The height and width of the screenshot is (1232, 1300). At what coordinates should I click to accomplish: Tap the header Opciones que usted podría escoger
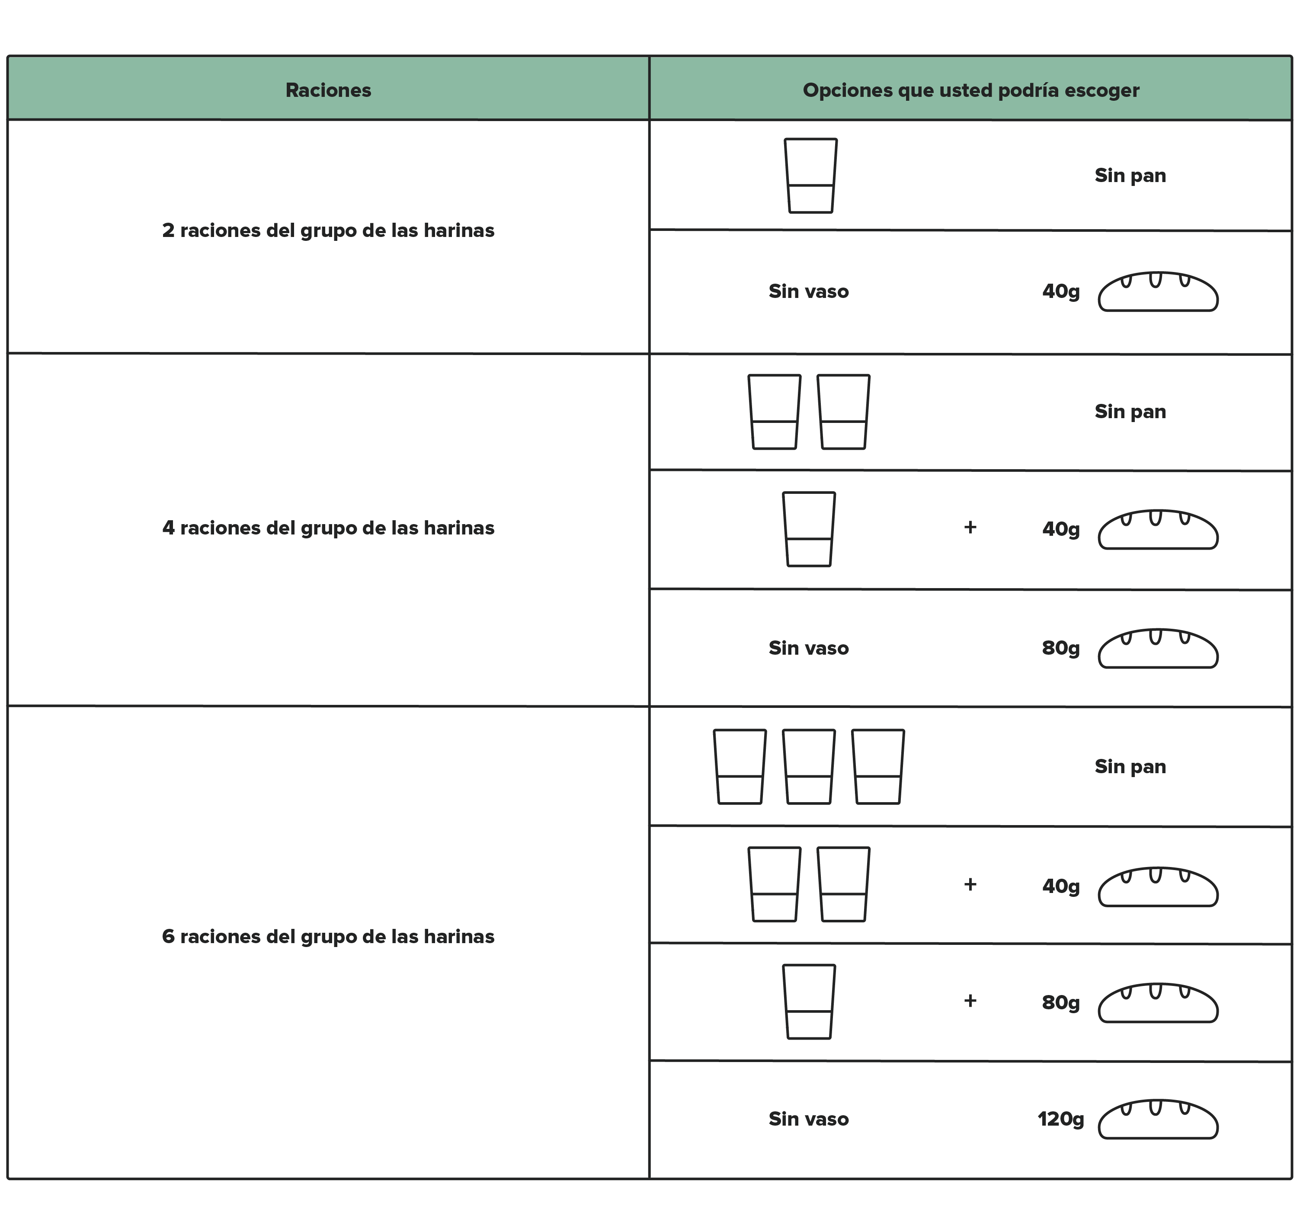(x=971, y=91)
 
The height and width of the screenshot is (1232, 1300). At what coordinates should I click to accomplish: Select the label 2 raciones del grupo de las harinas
(x=328, y=230)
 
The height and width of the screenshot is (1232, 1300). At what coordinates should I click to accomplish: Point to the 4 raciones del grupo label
(x=328, y=528)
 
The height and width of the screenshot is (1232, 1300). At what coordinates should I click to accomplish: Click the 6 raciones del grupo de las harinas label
(x=328, y=937)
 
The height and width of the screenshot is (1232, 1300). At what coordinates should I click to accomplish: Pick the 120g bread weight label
(x=1060, y=1119)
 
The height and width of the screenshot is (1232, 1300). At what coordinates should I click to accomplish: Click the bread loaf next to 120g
(x=1158, y=1120)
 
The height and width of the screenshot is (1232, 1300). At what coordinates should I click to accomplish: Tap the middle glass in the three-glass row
(x=809, y=766)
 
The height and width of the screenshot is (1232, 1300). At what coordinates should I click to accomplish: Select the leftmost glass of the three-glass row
(x=740, y=766)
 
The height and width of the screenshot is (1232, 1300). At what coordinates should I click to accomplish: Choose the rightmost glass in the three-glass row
(x=877, y=766)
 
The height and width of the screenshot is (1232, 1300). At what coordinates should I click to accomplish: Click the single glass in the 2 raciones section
(x=810, y=175)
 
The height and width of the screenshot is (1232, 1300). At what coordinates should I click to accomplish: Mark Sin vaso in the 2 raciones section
(x=809, y=291)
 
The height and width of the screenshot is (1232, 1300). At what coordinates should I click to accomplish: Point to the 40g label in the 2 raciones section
(x=1061, y=291)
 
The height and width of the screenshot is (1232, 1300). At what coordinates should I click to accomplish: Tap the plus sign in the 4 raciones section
(x=970, y=527)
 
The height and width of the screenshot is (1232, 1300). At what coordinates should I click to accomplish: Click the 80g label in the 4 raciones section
(x=1061, y=648)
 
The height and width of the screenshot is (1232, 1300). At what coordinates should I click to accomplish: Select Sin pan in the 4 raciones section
(x=1130, y=412)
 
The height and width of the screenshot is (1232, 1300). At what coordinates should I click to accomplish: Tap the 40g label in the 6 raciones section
(x=1061, y=886)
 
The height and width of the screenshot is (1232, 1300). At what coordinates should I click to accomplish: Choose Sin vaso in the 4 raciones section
(x=809, y=648)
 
